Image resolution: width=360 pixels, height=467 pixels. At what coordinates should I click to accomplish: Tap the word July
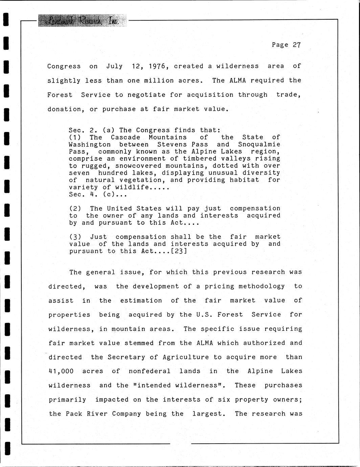coord(114,66)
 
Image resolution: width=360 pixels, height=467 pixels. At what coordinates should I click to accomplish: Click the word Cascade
coord(125,137)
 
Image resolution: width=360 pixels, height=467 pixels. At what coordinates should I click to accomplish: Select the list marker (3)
coord(75,237)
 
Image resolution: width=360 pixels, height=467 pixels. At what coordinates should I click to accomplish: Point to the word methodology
coord(262,286)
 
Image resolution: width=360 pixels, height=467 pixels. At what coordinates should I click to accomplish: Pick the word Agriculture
coord(185,357)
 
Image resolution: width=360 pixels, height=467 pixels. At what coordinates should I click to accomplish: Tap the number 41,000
coord(61,371)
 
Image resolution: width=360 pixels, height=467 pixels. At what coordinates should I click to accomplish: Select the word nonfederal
coord(150,371)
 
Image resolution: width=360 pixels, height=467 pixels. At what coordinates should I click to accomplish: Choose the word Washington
coord(90,144)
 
